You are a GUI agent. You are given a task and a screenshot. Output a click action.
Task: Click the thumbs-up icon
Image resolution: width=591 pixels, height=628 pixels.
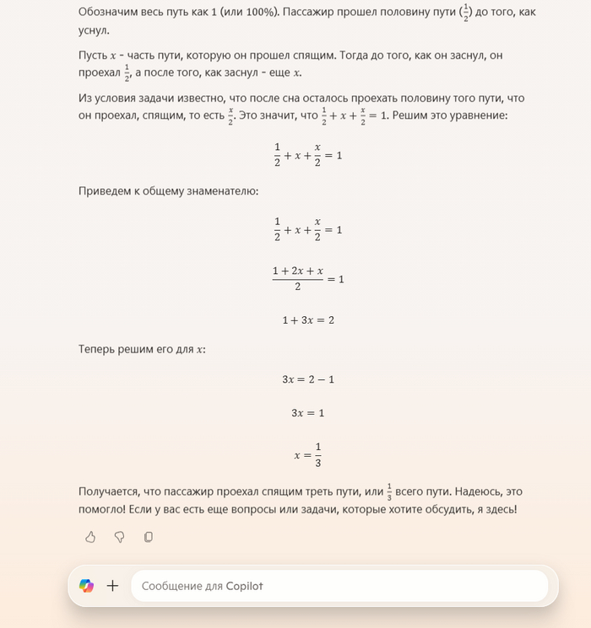point(90,537)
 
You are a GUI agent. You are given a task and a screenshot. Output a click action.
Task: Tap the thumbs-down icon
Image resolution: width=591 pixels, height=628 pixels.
point(119,537)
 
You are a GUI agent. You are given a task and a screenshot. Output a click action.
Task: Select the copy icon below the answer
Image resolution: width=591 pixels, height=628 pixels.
point(149,537)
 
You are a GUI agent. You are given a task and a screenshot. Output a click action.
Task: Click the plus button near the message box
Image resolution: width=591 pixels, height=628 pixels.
point(113,586)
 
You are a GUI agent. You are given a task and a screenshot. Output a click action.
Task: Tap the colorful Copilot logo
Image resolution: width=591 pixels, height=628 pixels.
point(86,586)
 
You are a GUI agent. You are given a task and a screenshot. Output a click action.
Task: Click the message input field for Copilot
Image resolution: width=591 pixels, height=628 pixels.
point(338,586)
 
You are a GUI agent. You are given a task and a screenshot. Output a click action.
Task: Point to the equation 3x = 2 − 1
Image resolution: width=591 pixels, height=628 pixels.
point(308,379)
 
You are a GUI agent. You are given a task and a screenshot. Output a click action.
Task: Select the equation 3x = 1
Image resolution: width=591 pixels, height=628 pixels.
point(308,413)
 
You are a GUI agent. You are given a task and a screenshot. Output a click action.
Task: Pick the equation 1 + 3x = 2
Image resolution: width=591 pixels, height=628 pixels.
point(308,320)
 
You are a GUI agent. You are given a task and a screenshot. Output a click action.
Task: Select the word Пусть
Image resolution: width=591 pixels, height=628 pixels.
point(93,55)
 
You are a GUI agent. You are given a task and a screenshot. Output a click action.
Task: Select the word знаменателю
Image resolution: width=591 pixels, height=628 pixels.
point(224,191)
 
